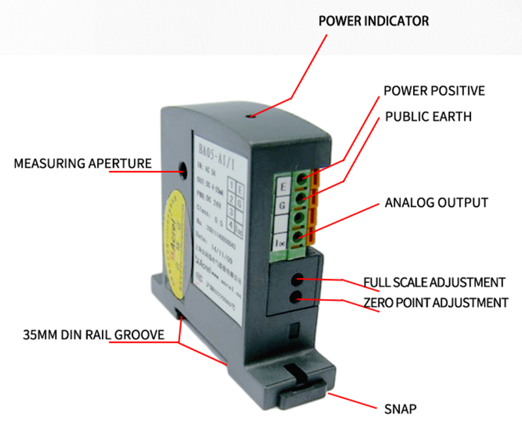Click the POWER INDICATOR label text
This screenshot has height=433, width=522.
(373, 21)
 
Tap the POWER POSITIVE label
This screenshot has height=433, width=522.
(434, 90)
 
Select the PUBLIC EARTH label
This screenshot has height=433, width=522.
(428, 116)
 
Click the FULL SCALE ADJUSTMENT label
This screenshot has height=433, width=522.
(435, 282)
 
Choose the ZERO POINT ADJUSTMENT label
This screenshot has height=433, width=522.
(435, 302)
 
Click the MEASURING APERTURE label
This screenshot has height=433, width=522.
(83, 163)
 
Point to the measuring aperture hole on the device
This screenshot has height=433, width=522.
(183, 168)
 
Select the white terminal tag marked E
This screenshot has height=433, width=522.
(283, 186)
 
